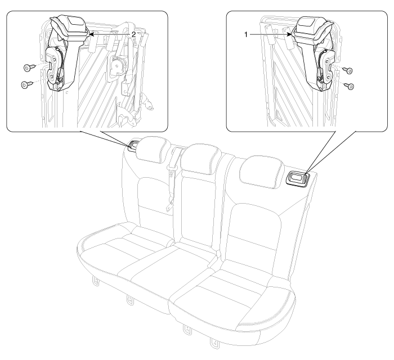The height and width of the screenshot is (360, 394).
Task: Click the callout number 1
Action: [x=246, y=35]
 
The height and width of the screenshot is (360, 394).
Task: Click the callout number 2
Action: [x=134, y=35]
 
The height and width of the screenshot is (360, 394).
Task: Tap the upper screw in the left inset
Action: [x=29, y=67]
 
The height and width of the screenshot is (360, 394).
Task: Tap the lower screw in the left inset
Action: [x=26, y=84]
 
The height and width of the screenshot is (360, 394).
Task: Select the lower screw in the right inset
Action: [x=350, y=86]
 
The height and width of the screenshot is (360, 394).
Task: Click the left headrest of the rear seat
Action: [x=153, y=150]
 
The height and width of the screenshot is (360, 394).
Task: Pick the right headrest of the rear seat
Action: [x=262, y=172]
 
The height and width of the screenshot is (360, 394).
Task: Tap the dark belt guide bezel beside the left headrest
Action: [x=133, y=146]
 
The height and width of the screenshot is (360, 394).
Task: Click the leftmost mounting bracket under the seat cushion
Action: [x=95, y=281]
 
